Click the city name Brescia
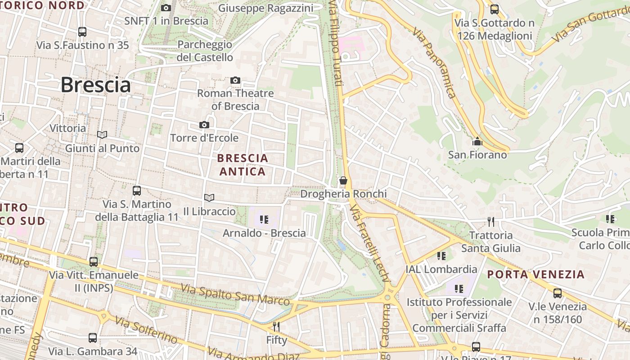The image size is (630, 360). point(95,85)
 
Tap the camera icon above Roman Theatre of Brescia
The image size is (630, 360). point(235,81)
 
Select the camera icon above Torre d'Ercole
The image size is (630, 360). point(204,125)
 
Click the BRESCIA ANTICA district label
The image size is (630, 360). point(243,165)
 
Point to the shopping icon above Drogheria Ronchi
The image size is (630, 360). point(343,181)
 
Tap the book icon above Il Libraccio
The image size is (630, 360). point(209,198)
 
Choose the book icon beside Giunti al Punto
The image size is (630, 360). point(102,135)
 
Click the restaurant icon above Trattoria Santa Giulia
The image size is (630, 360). point(491,221)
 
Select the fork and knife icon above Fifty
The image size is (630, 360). point(276,327)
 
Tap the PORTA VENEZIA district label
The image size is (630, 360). point(536,274)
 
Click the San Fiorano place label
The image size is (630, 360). point(477,155)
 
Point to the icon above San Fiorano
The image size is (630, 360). point(477,142)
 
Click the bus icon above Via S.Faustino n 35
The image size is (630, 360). point(82,32)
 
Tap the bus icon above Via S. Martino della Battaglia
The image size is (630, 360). point(137,191)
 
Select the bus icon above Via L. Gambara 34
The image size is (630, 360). point(93,338)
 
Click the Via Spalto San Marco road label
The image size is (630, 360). point(235,294)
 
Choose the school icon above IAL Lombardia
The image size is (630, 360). point(441,256)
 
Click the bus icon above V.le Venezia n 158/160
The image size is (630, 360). point(558,293)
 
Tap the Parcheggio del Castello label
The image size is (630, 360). point(205,51)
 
